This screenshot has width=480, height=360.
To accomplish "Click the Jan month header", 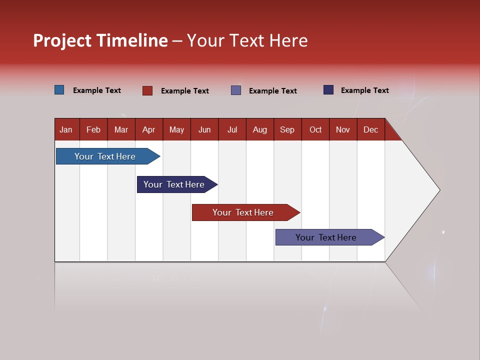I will [x=66, y=129].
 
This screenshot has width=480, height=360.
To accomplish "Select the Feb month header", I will [x=93, y=129].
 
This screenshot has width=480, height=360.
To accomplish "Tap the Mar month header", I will [x=121, y=129].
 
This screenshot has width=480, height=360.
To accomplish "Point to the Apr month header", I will [x=149, y=129].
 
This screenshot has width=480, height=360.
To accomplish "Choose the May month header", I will [x=176, y=129].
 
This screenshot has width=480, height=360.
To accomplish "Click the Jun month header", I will [x=204, y=129].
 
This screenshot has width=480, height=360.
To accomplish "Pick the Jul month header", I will [x=232, y=129].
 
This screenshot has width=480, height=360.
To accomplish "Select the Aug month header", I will [x=260, y=129].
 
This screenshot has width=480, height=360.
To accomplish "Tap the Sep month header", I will [x=287, y=129].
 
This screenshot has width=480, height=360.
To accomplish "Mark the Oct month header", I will [x=315, y=129].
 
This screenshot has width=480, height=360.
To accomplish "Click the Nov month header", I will [x=343, y=129].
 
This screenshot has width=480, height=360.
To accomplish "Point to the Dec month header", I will [x=371, y=129].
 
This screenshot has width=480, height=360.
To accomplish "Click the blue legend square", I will [x=59, y=90].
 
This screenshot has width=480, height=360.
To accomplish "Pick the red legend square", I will [x=147, y=90].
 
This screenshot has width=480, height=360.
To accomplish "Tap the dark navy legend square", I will [x=328, y=90].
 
